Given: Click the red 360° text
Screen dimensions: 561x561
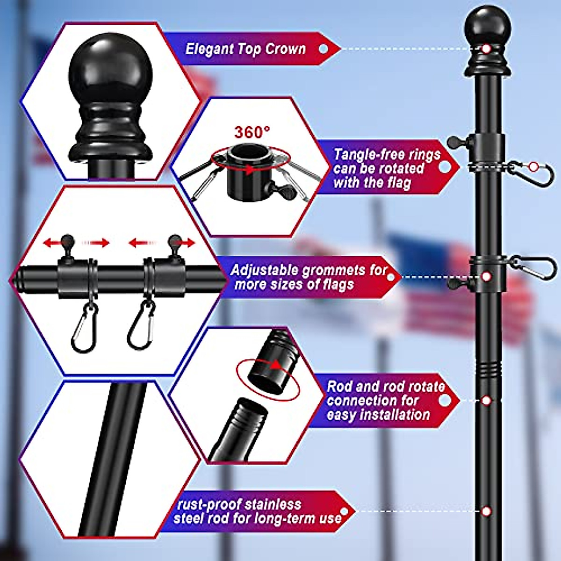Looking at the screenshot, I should click(252, 132).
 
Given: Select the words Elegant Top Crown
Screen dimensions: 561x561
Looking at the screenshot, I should click(245, 49).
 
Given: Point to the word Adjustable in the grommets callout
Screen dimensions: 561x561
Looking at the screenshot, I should click(264, 270).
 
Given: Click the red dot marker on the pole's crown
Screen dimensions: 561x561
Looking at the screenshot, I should click(486, 49).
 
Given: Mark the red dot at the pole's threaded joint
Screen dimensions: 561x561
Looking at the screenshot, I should click(486, 401).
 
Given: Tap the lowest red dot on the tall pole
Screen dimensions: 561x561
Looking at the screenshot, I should click(486, 511).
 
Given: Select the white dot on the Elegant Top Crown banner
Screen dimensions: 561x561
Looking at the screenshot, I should click(323, 49).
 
